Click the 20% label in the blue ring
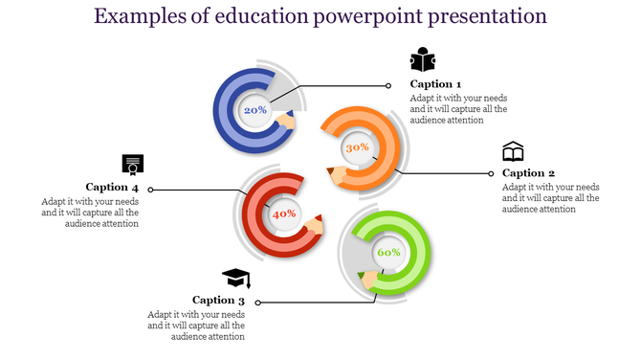[x=255, y=110]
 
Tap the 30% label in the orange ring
[x=357, y=147]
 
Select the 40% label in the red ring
[x=284, y=214]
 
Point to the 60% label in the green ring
[x=388, y=252]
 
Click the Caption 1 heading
[x=435, y=84]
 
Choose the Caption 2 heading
[x=528, y=173]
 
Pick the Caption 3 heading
[x=218, y=301]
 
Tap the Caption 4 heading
[x=112, y=188]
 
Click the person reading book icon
[x=423, y=60]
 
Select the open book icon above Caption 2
[x=514, y=151]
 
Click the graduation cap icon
[x=236, y=278]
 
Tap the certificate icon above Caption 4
[x=132, y=163]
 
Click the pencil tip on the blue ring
[x=287, y=122]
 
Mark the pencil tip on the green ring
[x=363, y=278]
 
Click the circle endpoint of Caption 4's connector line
[x=150, y=190]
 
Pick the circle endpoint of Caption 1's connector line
[x=387, y=85]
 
